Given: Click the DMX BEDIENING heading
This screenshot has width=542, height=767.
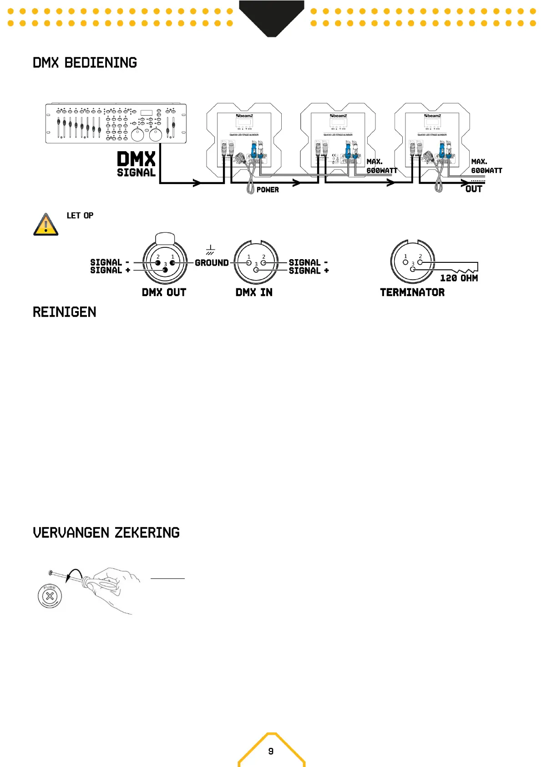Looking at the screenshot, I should pyautogui.click(x=85, y=63).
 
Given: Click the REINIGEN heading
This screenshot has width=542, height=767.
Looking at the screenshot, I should pyautogui.click(x=64, y=312).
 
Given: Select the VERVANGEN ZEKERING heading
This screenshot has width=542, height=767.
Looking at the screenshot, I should pyautogui.click(x=106, y=533).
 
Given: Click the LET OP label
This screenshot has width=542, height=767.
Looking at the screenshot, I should pyautogui.click(x=80, y=215).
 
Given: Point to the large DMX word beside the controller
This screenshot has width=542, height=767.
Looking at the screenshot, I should pyautogui.click(x=136, y=159).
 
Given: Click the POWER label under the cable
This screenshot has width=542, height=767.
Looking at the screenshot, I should pyautogui.click(x=268, y=190).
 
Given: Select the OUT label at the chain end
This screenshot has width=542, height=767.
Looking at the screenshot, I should pyautogui.click(x=474, y=189).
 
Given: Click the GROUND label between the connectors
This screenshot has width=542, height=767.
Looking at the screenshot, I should pyautogui.click(x=212, y=263).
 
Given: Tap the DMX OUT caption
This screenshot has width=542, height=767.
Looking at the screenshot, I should pyautogui.click(x=164, y=292).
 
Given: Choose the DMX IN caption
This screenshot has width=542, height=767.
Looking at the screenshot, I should pyautogui.click(x=254, y=292).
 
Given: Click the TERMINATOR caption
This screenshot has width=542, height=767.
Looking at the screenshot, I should pyautogui.click(x=412, y=292).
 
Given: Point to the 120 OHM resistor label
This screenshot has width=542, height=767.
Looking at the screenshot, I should pyautogui.click(x=459, y=278).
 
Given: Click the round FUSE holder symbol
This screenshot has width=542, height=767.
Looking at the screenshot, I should pyautogui.click(x=50, y=595).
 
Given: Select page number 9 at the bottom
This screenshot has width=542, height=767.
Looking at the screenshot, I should pyautogui.click(x=271, y=751).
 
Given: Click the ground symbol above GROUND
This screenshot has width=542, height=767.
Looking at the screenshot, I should pyautogui.click(x=210, y=250).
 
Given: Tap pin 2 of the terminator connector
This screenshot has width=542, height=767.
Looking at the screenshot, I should pyautogui.click(x=420, y=262).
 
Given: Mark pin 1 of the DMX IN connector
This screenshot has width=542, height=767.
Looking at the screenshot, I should pyautogui.click(x=248, y=263).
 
